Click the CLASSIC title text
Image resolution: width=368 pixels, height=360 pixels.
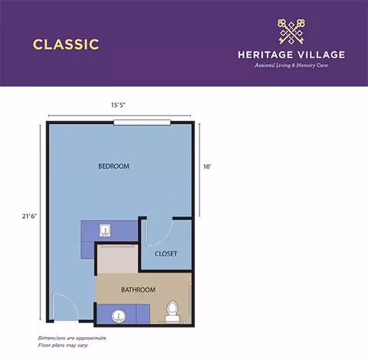pos(66,44)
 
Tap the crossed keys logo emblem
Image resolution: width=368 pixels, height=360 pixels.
pos(291,31)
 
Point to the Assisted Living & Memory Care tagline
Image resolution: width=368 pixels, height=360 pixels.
pos(291,66)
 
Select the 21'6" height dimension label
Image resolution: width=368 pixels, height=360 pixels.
pos(30,216)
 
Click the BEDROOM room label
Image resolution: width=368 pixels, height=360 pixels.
pos(113,166)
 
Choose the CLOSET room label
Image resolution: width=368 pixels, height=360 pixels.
pos(166,254)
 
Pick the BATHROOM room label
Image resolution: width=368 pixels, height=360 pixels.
pos(138,290)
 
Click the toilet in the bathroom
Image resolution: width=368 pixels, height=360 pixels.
pos(172,310)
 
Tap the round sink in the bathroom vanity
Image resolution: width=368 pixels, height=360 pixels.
pos(119,315)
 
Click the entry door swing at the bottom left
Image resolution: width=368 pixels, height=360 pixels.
pos(61,306)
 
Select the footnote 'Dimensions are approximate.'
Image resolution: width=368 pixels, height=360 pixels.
pos(72,338)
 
